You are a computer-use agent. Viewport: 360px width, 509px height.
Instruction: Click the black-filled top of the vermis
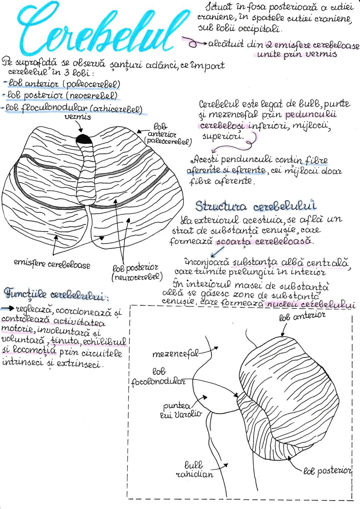pos(83,138)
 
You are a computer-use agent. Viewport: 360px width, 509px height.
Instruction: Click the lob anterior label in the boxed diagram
pos(302,315)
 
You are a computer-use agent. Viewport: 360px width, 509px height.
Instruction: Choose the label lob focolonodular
pos(158,377)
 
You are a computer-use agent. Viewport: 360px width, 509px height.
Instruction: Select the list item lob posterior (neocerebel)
pos(61,96)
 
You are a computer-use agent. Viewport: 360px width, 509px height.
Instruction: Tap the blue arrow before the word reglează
pos(7,309)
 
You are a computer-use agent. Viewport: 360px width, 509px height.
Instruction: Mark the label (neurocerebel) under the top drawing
pos(137,277)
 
